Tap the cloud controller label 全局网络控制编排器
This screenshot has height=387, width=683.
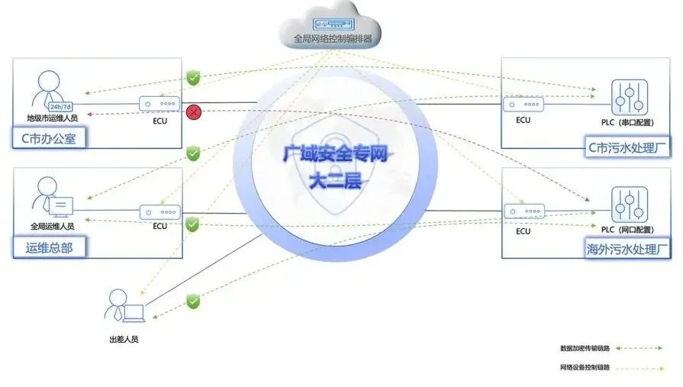pos(333,37)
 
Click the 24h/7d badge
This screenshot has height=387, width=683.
pos(60,106)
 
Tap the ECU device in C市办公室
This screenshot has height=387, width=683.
pos(159,105)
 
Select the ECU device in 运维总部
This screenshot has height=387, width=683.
pos(159,211)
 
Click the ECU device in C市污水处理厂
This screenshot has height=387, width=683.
pos(523,105)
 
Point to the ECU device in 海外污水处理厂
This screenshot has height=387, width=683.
pos(523,212)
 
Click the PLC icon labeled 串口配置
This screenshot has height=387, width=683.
pos(629,98)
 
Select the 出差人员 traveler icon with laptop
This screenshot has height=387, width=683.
pos(124,307)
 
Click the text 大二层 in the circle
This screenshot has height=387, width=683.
pos(336,182)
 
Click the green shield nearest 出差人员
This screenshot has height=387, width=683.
pos(193,302)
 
